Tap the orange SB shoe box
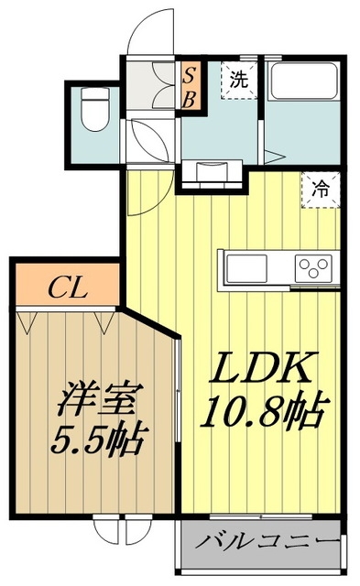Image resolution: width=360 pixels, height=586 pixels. point(188,86)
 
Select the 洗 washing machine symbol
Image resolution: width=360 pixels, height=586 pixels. point(238,79)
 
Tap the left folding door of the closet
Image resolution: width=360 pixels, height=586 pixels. point(27,321)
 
